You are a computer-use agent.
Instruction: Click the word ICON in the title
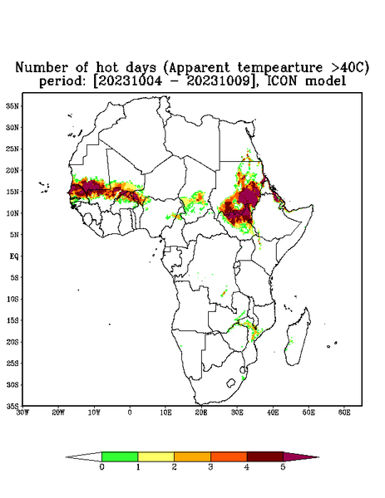(x=282, y=81)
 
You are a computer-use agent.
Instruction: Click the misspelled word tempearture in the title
(x=280, y=68)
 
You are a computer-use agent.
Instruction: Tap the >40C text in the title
(x=346, y=67)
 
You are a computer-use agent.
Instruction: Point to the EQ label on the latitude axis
(x=14, y=256)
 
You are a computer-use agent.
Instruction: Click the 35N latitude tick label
(x=12, y=105)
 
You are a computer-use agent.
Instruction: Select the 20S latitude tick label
(x=12, y=342)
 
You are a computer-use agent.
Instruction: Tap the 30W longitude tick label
(x=22, y=413)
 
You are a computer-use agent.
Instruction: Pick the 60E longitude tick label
(x=344, y=413)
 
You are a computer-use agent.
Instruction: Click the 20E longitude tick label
(x=201, y=413)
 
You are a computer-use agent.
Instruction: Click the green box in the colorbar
(x=120, y=456)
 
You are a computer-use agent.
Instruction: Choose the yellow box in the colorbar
(x=155, y=456)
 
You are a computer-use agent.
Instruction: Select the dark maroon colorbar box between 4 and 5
(x=265, y=456)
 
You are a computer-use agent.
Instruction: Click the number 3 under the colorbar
(x=210, y=467)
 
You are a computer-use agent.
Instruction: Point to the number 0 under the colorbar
(x=101, y=467)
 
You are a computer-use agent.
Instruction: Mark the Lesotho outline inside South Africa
(x=230, y=383)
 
